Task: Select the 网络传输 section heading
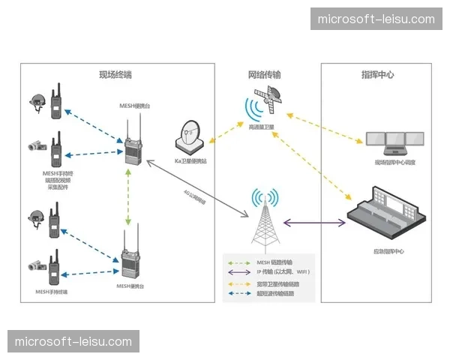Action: (265, 75)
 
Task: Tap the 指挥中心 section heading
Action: (377, 75)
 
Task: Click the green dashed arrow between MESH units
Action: (130, 196)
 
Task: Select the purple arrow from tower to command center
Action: (314, 223)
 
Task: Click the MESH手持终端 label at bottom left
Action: (51, 291)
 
